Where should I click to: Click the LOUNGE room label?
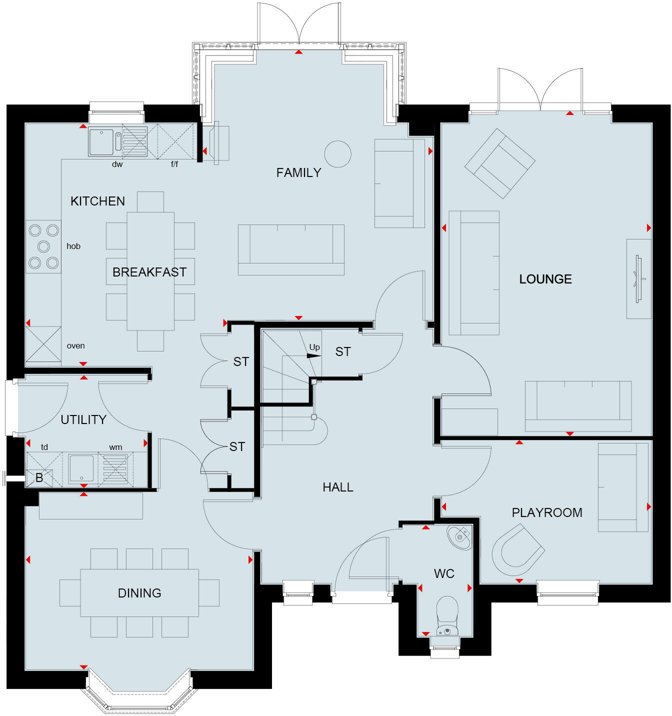point(545,279)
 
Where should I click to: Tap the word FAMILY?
point(298,173)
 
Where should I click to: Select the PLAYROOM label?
point(546,512)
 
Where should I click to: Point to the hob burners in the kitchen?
point(43,246)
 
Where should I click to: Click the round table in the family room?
point(337,154)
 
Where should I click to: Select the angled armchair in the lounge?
point(499,163)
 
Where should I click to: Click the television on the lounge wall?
point(638,278)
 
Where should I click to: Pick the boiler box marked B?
point(39,478)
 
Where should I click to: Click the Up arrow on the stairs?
point(313,355)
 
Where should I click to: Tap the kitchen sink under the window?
point(101,142)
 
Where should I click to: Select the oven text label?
point(75,346)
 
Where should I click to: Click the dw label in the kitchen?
point(117,164)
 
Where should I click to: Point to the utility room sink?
point(80,468)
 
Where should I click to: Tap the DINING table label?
point(139,593)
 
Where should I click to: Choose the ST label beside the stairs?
point(342,352)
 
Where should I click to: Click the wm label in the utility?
point(115,447)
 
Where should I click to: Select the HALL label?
point(337,487)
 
